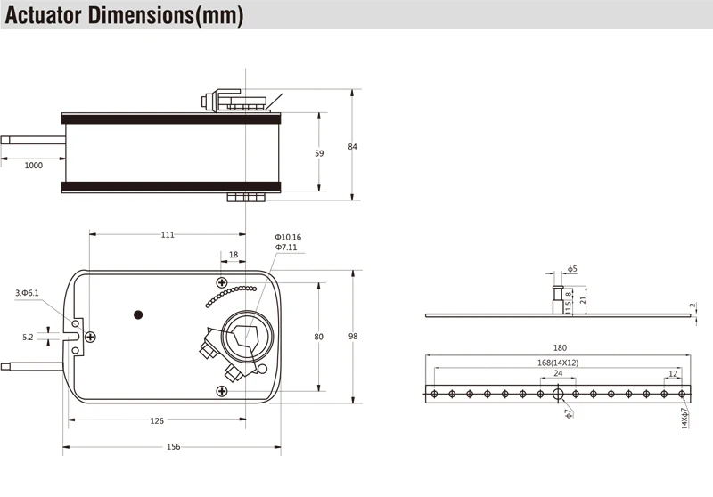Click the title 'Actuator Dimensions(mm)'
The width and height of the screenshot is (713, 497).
tap(125, 15)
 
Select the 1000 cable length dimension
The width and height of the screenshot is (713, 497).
tap(33, 166)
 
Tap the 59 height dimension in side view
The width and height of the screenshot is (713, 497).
tap(319, 153)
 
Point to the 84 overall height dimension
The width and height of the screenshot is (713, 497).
tap(352, 147)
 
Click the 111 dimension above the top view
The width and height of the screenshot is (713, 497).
tap(168, 235)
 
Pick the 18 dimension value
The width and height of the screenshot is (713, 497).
tap(234, 255)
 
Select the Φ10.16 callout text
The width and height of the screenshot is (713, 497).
tap(288, 237)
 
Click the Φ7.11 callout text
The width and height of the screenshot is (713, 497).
tap(285, 248)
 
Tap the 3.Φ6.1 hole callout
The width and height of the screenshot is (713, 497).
tap(28, 293)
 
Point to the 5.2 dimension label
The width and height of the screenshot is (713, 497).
tap(27, 337)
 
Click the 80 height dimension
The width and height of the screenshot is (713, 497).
tap(319, 337)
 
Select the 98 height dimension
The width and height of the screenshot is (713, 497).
tap(353, 337)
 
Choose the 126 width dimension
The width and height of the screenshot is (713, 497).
tap(156, 421)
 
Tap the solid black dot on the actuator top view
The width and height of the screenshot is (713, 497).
tap(137, 314)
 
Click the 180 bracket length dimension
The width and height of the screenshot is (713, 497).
tap(559, 348)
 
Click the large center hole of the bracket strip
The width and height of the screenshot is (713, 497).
tap(558, 394)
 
